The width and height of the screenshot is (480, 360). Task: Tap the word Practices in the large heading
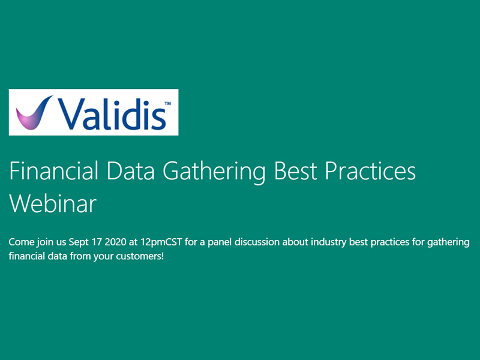pos(370,172)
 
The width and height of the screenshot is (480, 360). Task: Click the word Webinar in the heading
pos(53,204)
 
